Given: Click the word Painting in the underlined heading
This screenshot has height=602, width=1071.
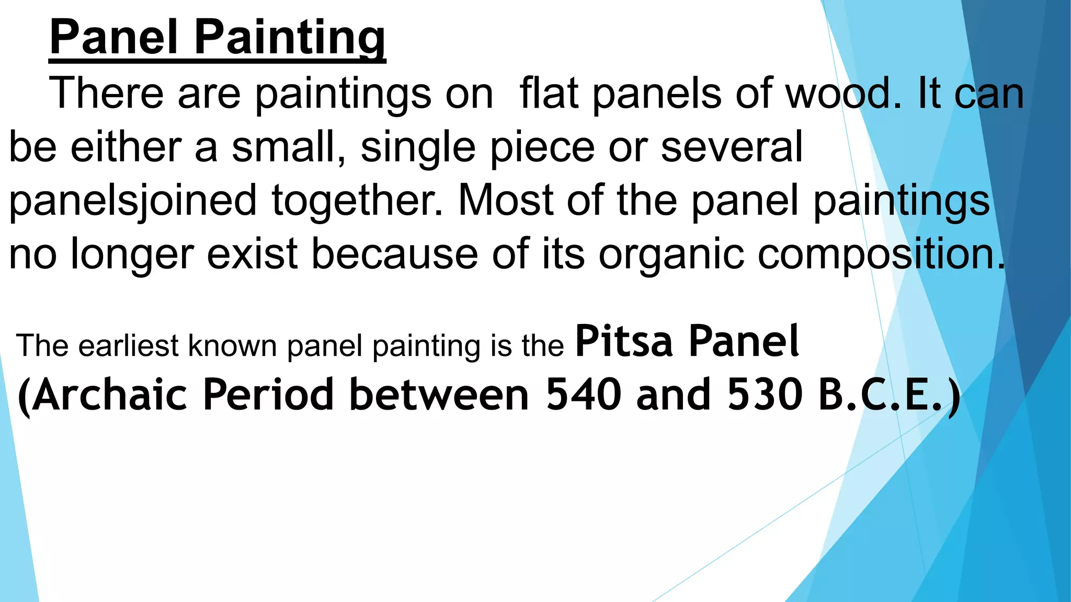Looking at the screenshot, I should tap(290, 38).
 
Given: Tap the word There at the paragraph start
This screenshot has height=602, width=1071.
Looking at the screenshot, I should tap(106, 93).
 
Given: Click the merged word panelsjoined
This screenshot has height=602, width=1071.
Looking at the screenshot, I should tap(133, 201).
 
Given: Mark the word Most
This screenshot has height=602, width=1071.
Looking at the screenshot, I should tap(505, 200).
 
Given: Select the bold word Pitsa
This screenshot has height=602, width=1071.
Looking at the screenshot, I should tap(624, 341).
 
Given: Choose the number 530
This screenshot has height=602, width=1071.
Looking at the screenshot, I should tap(765, 395).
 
